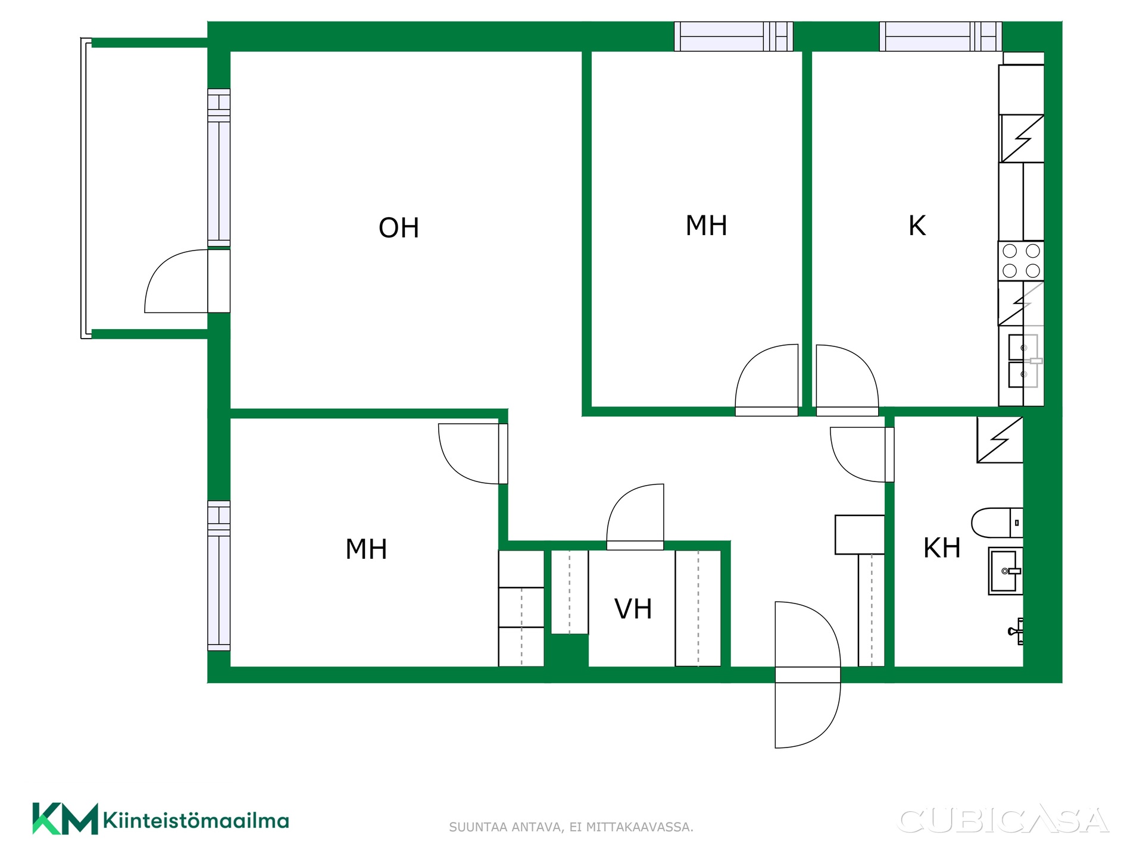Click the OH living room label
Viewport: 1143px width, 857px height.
399,228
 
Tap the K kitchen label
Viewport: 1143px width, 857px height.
917,226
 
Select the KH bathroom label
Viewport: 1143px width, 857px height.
942,548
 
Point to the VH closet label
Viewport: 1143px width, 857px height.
633,609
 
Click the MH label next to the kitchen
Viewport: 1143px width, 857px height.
706,226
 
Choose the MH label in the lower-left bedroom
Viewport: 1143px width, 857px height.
366,549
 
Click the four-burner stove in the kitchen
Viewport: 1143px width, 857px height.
1021,261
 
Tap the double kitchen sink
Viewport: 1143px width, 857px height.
1023,361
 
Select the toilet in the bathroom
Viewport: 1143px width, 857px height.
997,523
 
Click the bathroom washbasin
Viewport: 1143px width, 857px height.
1005,571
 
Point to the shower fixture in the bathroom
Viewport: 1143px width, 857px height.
1016,631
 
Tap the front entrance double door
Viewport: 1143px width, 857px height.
807,674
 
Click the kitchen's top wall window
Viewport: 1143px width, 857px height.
940,36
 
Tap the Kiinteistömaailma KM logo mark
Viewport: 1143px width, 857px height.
65,819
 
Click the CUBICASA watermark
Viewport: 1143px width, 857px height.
1003,821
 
